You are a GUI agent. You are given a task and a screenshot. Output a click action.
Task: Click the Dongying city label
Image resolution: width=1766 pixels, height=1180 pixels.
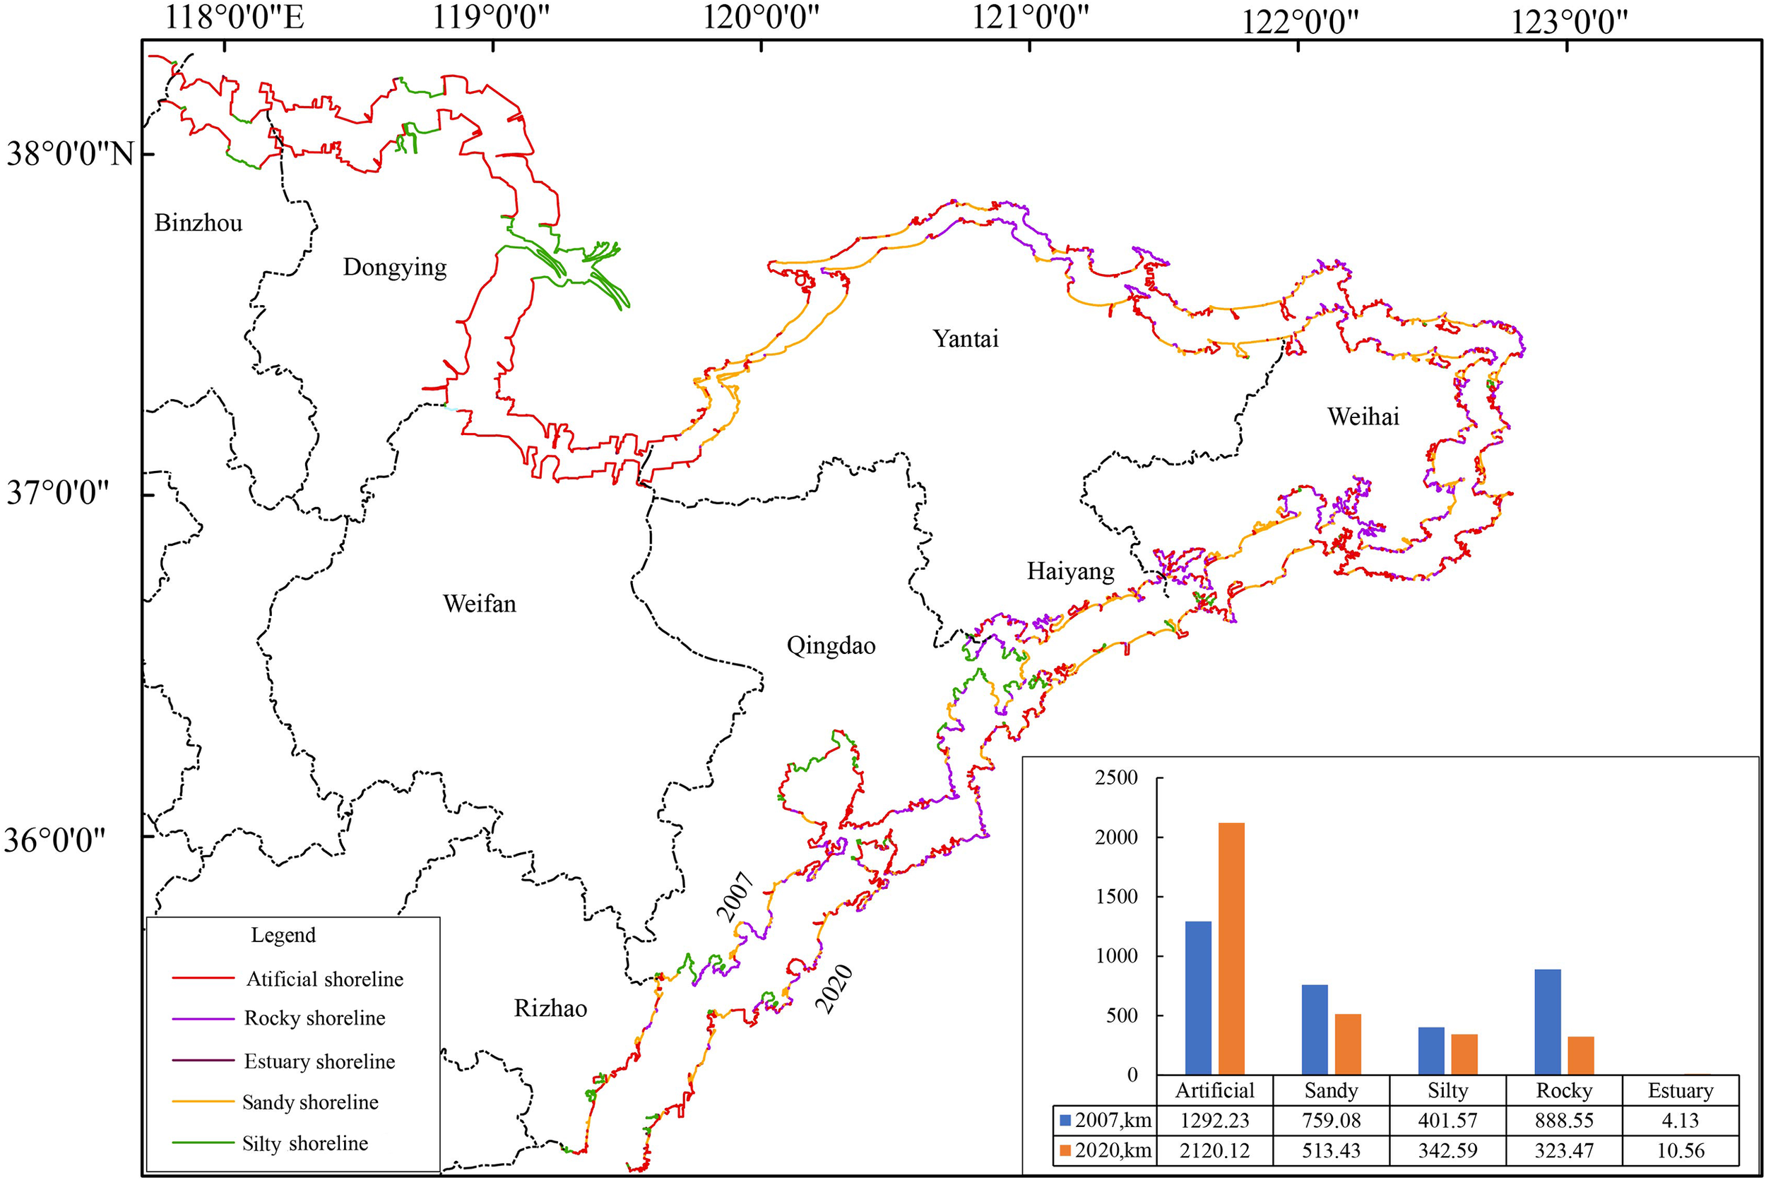click(394, 267)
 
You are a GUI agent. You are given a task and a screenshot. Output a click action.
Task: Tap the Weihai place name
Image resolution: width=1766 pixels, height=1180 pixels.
click(1363, 416)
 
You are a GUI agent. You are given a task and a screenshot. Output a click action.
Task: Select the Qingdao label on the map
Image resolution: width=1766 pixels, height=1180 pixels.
click(830, 645)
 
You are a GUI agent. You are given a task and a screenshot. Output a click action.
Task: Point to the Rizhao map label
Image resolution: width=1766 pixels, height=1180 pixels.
click(550, 1008)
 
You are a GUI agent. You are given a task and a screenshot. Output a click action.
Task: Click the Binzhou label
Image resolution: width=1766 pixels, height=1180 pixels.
click(198, 222)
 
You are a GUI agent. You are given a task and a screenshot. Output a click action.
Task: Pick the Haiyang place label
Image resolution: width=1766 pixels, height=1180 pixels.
click(1069, 571)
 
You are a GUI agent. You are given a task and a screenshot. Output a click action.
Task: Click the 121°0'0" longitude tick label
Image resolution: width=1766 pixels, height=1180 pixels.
click(1030, 18)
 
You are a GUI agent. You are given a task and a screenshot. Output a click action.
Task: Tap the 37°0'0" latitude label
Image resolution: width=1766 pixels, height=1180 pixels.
click(58, 494)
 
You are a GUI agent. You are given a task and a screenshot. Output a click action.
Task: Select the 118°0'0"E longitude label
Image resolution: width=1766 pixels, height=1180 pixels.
click(234, 18)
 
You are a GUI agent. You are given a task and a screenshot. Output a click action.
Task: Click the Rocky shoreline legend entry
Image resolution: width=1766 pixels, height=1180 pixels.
click(314, 1018)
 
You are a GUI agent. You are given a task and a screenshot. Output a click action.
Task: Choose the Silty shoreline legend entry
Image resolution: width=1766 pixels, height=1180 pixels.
click(304, 1143)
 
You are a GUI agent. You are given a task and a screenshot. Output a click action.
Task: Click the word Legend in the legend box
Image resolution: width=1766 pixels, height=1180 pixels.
click(283, 935)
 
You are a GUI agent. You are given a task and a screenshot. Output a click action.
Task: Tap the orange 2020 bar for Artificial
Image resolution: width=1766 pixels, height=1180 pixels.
click(1231, 948)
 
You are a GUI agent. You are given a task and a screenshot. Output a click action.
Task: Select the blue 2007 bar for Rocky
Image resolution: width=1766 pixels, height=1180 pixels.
click(1547, 1021)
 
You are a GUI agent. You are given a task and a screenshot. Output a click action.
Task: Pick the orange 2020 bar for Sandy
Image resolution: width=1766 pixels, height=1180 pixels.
click(1348, 1044)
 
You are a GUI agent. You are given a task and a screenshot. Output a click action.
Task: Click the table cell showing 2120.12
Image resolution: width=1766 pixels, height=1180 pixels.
click(1214, 1150)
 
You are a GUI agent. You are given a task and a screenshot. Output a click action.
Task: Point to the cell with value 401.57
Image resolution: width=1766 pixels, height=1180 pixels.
click(1447, 1121)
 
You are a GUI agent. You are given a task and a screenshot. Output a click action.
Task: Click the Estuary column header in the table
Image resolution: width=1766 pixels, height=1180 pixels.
click(1681, 1090)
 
